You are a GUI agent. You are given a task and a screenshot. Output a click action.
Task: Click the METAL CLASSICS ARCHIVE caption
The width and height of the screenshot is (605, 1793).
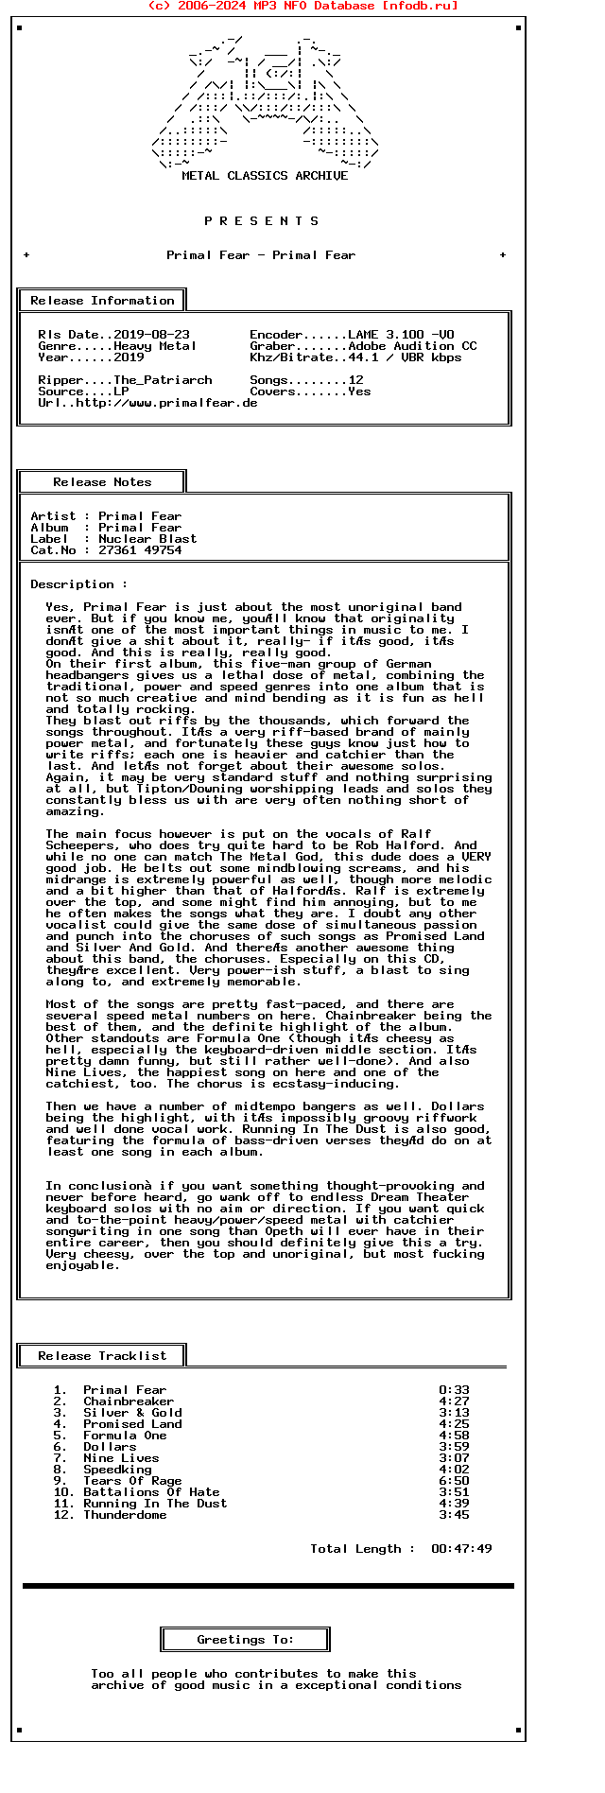(265, 176)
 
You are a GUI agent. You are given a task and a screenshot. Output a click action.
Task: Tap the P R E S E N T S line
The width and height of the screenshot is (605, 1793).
(262, 221)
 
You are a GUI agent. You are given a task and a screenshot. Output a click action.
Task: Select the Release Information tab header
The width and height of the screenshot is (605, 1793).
(102, 301)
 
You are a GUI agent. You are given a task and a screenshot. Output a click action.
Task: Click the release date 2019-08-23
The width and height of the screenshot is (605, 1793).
(151, 335)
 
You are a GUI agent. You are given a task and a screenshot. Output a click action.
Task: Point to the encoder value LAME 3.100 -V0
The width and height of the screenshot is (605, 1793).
(401, 335)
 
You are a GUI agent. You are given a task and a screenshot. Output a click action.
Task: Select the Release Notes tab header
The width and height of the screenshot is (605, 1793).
(102, 482)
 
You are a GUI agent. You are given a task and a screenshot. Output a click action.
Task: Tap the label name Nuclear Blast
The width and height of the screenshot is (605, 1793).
(147, 539)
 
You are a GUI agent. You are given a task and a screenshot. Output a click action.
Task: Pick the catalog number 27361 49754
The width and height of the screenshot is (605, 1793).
(140, 550)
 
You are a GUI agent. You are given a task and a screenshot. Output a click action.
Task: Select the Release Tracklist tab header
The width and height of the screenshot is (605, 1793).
(102, 1356)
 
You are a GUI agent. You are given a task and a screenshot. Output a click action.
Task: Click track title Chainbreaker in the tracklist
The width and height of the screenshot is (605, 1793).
(129, 1401)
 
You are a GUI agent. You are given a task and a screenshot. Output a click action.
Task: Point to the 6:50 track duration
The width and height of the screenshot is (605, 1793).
(454, 1481)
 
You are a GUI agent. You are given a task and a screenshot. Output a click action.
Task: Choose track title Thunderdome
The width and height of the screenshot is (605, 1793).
(125, 1515)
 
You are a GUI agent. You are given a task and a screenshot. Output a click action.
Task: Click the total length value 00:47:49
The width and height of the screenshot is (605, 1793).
(461, 1549)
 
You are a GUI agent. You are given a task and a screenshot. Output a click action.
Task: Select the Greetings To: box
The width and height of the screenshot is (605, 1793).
(246, 1640)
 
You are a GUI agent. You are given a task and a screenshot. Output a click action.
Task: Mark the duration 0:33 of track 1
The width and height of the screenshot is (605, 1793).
(454, 1390)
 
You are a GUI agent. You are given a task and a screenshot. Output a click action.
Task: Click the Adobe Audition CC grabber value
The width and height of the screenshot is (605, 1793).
(412, 346)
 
